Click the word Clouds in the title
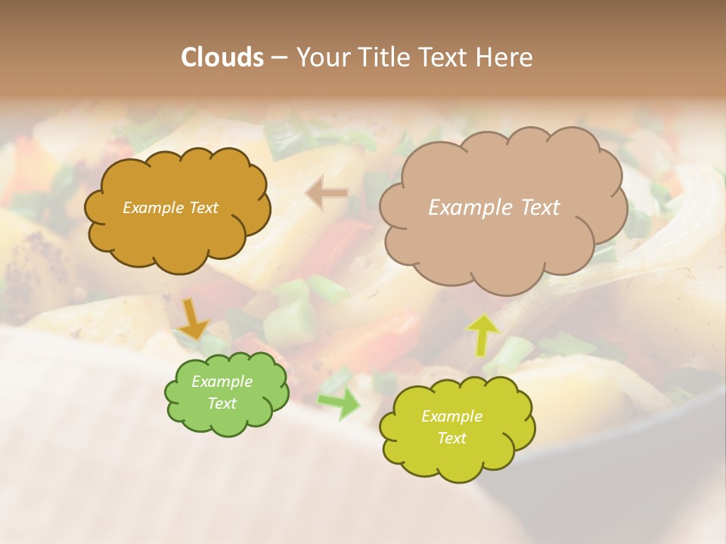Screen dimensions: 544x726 222,57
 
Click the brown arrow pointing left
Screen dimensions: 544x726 327,194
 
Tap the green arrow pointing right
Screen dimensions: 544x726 339,403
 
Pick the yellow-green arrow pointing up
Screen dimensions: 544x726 483,334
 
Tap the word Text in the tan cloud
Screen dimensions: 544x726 540,207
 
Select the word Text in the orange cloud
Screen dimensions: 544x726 204,208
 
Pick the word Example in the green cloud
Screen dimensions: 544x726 222,382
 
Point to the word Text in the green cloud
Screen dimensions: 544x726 222,403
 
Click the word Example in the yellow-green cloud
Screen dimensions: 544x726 451,416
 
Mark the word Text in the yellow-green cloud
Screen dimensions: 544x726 451,438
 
